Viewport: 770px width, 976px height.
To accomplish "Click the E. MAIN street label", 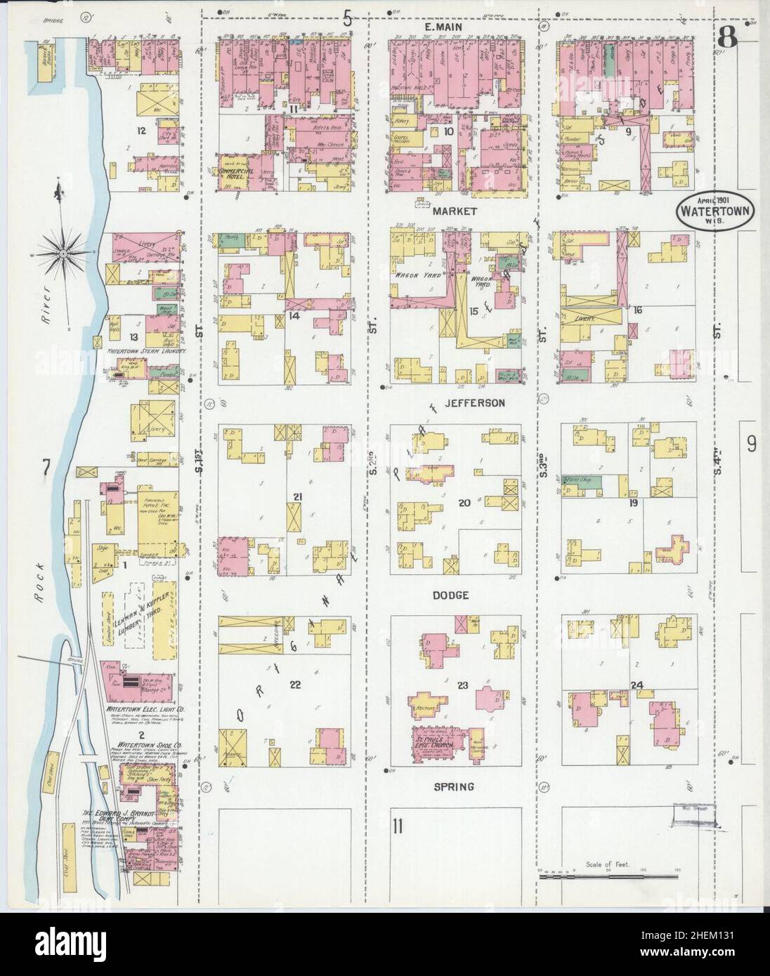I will point(455,27).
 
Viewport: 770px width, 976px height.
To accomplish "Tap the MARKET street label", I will point(455,211).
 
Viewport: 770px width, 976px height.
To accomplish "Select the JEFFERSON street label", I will point(464,403).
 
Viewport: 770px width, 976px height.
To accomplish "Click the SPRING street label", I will point(454,787).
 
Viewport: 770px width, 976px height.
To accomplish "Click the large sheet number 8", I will point(726,38).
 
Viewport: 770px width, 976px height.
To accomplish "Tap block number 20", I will point(464,503).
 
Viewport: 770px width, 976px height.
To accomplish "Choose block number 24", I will point(637,685).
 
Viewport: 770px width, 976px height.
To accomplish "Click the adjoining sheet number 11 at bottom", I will point(398,826).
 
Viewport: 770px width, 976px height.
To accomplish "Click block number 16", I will point(637,310).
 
